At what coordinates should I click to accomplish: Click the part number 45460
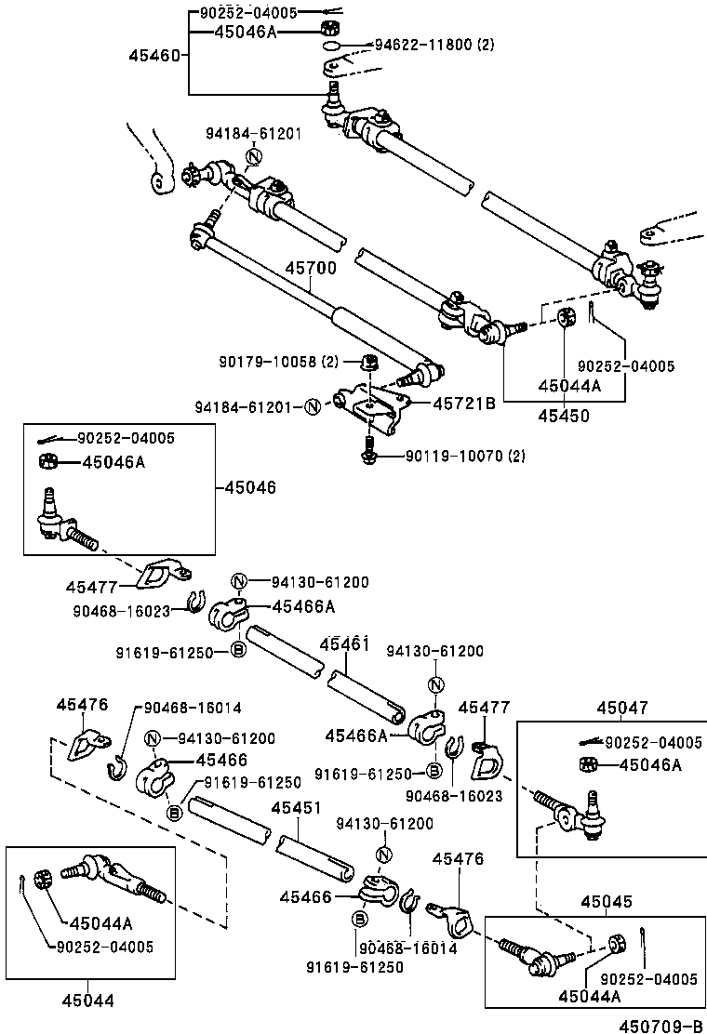(x=159, y=56)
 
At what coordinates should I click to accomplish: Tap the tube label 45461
(x=344, y=643)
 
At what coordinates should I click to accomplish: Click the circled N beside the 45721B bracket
(x=313, y=406)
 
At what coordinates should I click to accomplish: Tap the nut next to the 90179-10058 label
(x=367, y=361)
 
